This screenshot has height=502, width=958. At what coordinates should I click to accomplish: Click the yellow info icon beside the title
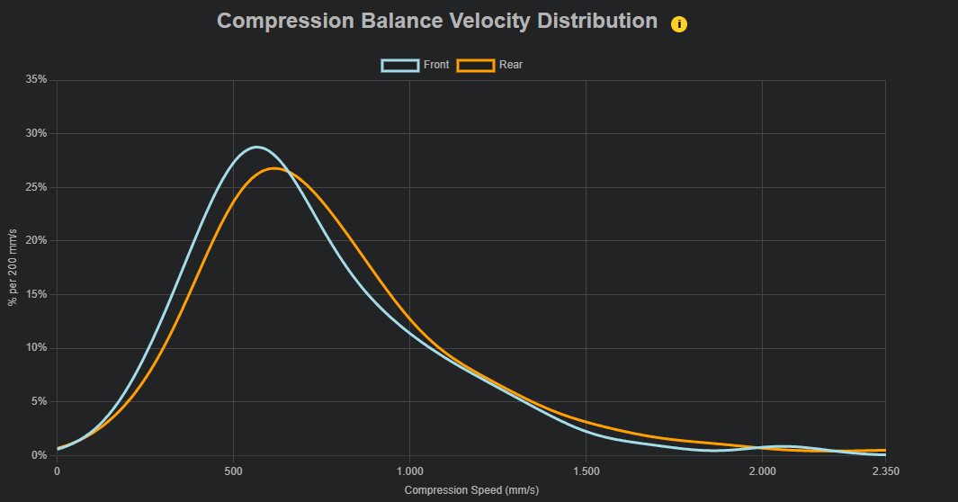coord(679,24)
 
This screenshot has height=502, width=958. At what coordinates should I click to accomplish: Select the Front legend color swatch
coord(400,65)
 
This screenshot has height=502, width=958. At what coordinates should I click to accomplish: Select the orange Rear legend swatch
coord(476,65)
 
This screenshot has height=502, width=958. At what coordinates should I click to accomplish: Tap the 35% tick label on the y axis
coord(36,80)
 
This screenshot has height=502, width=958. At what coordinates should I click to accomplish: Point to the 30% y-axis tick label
coord(36,133)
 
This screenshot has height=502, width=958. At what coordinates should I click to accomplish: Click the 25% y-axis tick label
coord(36,187)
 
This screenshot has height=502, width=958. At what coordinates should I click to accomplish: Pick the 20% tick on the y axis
coord(36,241)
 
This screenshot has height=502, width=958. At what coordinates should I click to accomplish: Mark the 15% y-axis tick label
coord(36,294)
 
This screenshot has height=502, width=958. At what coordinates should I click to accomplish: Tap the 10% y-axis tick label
coord(36,348)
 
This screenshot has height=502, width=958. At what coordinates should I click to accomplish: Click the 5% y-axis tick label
coord(39,401)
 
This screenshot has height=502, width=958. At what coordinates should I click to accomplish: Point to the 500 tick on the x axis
coord(233,471)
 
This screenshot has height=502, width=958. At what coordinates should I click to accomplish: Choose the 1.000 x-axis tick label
coord(409,471)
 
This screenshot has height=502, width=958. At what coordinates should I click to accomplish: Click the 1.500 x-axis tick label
coord(586,471)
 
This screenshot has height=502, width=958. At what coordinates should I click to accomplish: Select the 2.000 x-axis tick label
coord(762,471)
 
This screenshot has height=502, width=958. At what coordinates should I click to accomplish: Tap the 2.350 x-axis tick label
coord(884,471)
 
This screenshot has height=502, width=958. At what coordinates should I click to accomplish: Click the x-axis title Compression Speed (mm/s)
coord(471,490)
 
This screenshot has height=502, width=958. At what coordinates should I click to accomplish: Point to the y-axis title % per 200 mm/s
coord(13,267)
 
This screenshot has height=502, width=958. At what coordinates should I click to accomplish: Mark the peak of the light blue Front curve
coord(256,147)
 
